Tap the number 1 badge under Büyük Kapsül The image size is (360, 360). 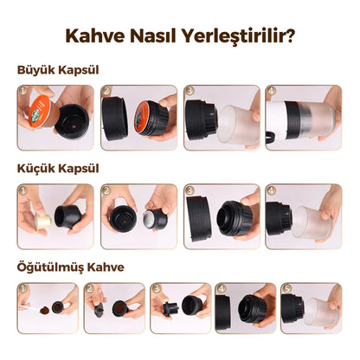tap(22, 90)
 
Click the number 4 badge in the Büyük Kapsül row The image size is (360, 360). tap(272, 90)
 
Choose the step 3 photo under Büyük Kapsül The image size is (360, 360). tap(220, 118)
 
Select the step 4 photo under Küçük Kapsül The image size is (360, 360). tap(303, 217)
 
